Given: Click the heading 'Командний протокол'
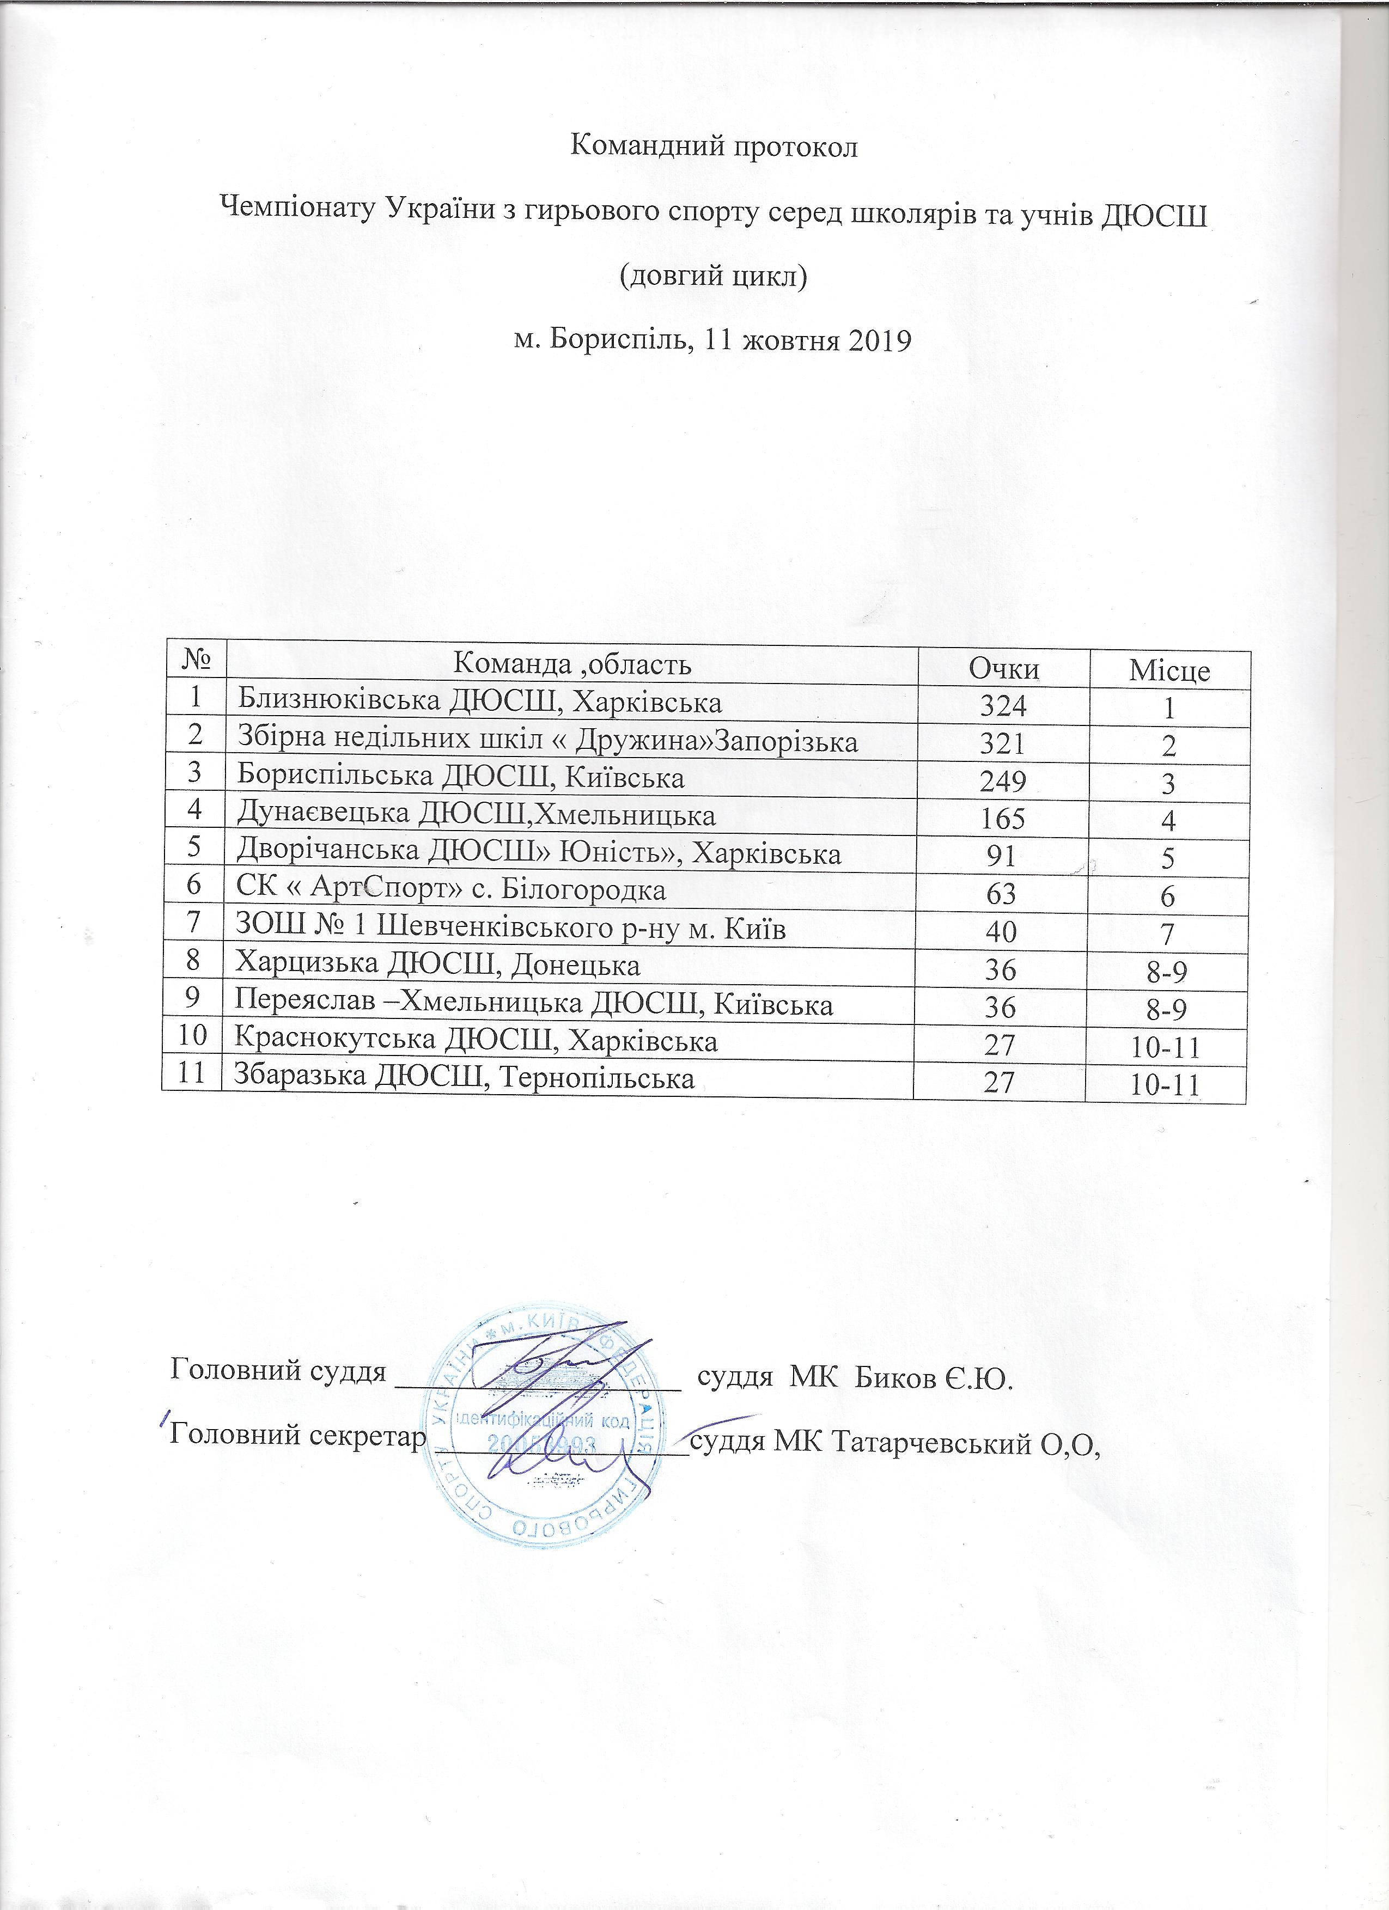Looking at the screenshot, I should [x=714, y=147].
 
